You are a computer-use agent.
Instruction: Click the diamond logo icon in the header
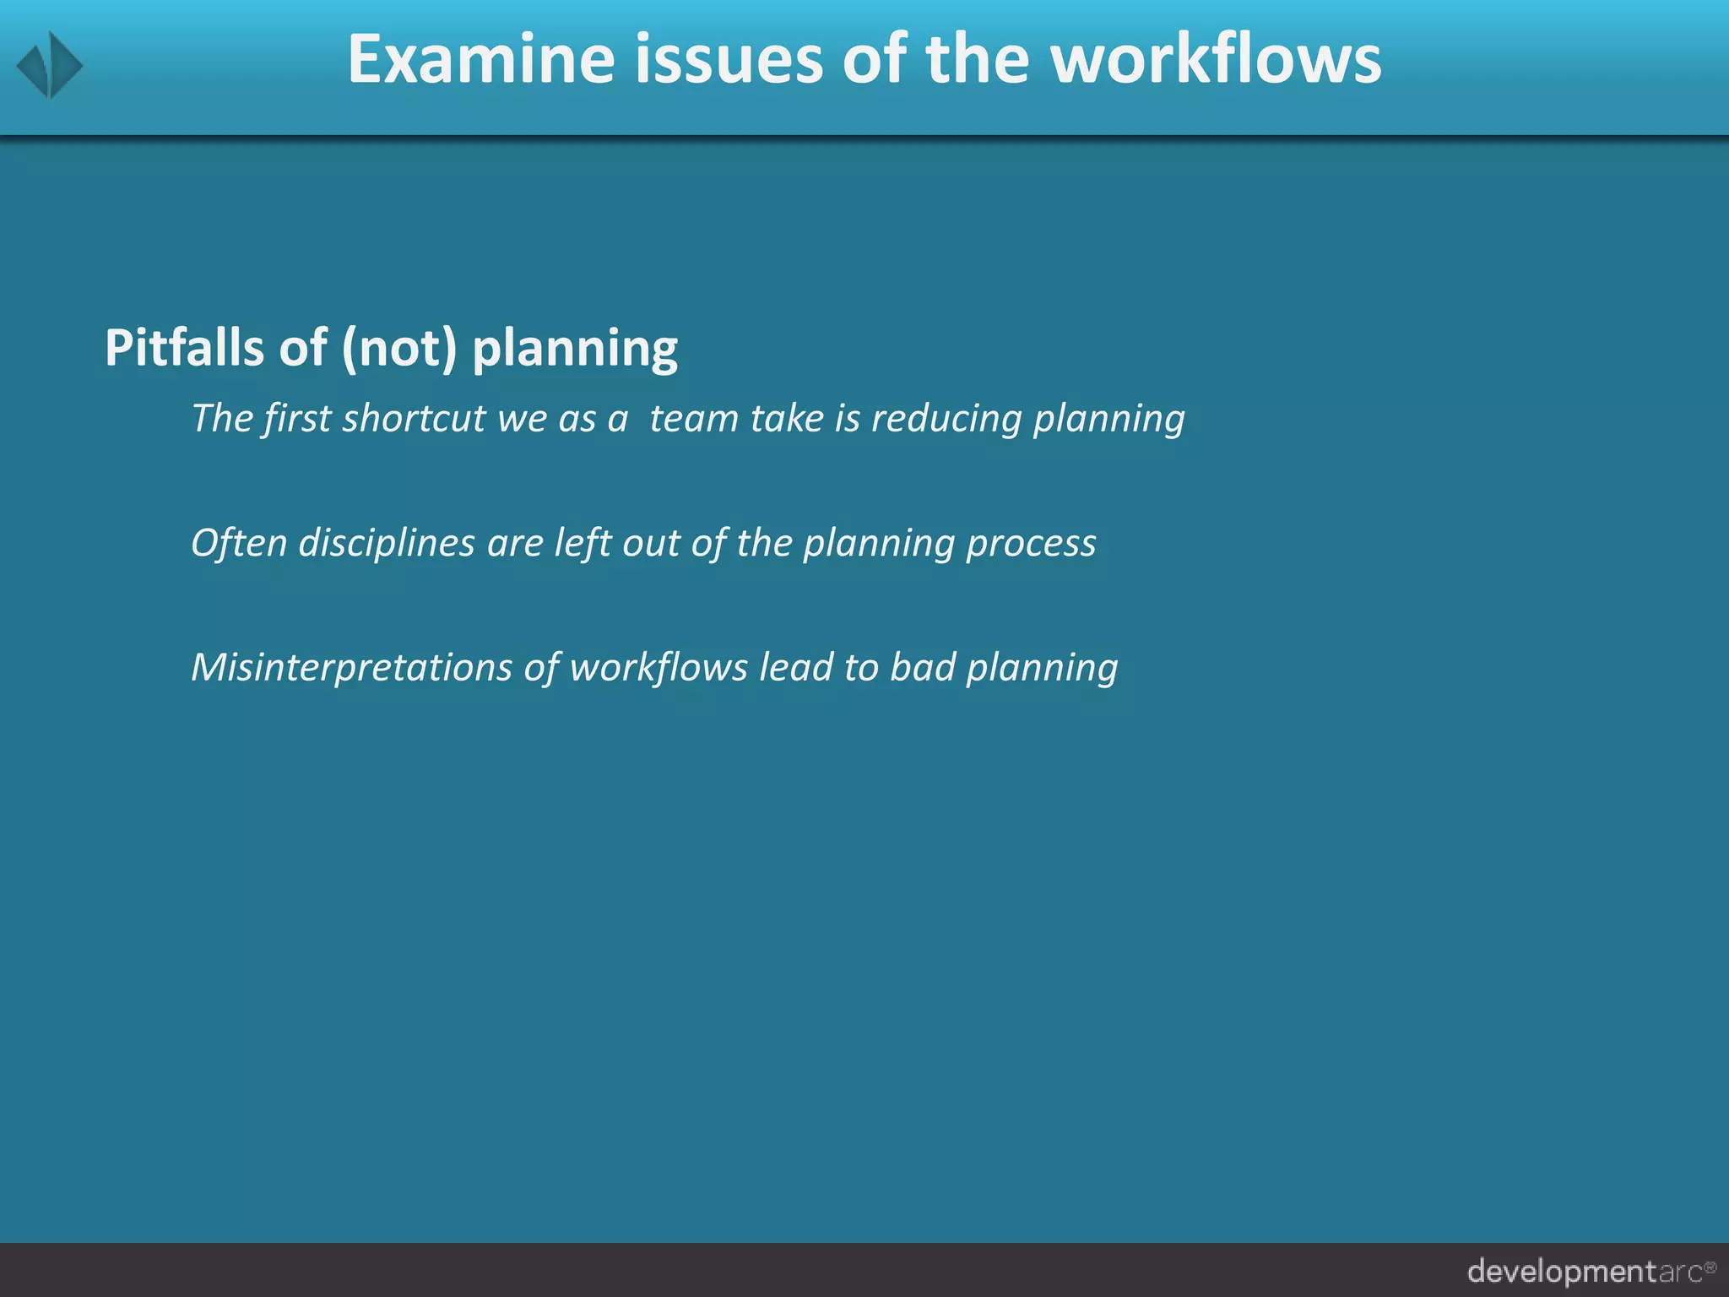[x=50, y=65]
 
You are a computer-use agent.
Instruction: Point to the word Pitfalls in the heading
[x=185, y=347]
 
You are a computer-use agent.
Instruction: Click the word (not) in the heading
[x=399, y=349]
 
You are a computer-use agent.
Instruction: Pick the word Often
[x=239, y=542]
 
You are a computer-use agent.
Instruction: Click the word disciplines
[x=387, y=543]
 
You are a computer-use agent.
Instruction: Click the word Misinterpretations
[x=351, y=667]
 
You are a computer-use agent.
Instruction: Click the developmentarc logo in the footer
[x=1591, y=1271]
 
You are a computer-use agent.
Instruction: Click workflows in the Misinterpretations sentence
[x=659, y=667]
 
